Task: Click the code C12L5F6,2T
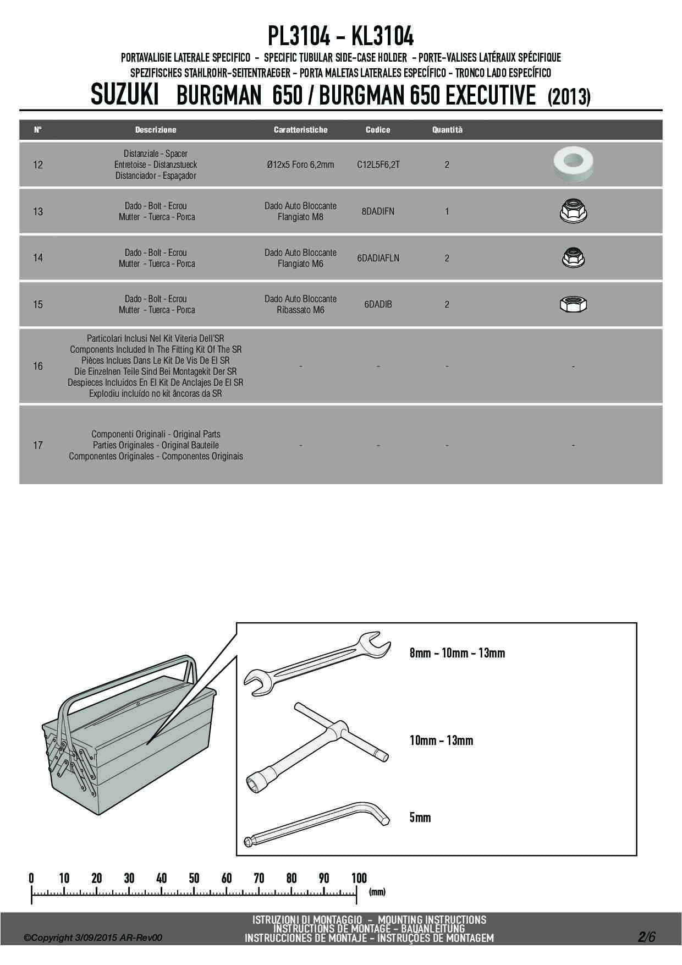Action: click(378, 165)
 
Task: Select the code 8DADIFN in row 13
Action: click(378, 211)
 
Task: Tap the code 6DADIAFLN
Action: click(378, 257)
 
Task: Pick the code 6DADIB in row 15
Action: click(378, 304)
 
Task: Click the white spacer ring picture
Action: click(573, 164)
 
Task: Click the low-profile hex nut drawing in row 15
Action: click(574, 304)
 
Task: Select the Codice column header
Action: click(378, 130)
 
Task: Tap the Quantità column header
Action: click(447, 130)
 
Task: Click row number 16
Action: click(38, 366)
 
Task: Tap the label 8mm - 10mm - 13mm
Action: click(457, 653)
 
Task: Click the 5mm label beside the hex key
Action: click(420, 818)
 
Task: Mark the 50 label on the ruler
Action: click(194, 878)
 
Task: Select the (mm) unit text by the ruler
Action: click(377, 892)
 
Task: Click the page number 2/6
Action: click(647, 937)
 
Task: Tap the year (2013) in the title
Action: click(569, 97)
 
